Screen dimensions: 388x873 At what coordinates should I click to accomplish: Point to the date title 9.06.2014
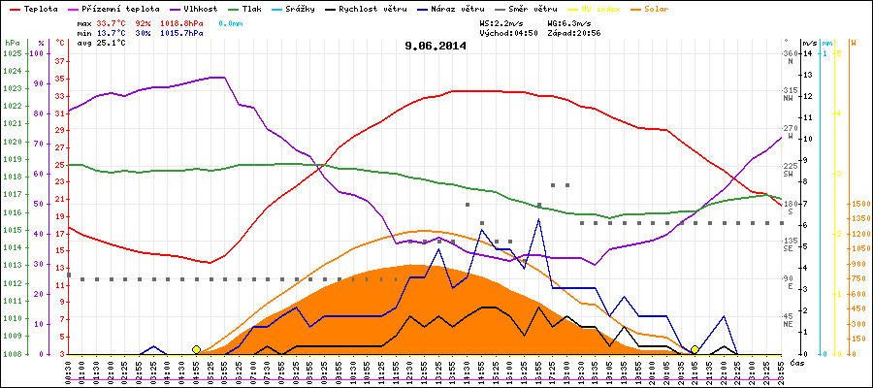point(436,45)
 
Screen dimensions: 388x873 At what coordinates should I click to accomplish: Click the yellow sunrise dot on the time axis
point(196,349)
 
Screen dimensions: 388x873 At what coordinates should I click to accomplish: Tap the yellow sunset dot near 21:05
point(695,349)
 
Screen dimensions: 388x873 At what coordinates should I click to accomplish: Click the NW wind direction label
point(790,98)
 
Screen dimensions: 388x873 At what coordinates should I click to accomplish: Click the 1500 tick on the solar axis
point(857,205)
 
